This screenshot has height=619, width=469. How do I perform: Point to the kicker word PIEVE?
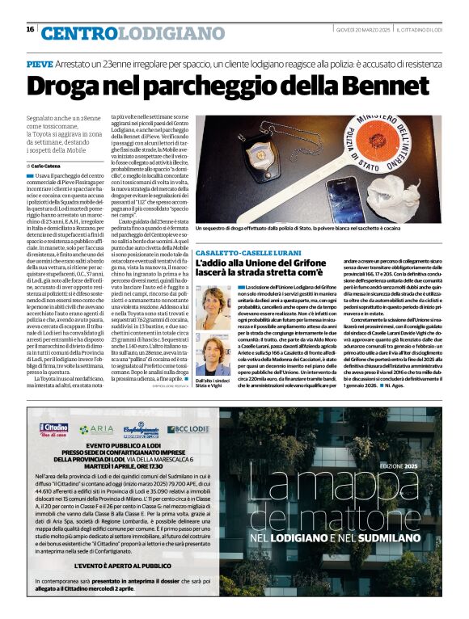point(39,63)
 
